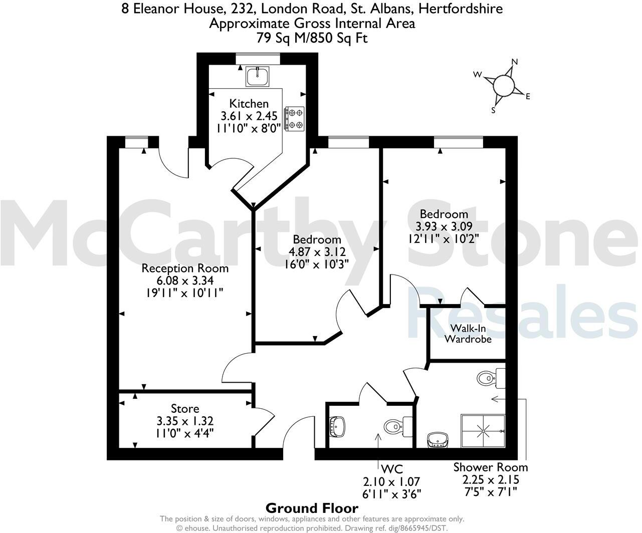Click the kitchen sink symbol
[258, 76]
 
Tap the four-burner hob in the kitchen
[294, 119]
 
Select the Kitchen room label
[249, 104]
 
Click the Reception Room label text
[185, 268]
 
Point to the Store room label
[185, 409]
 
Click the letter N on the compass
[514, 62]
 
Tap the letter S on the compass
[493, 111]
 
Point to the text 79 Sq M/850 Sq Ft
[312, 38]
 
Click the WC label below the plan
[392, 469]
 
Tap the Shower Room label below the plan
[491, 467]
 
